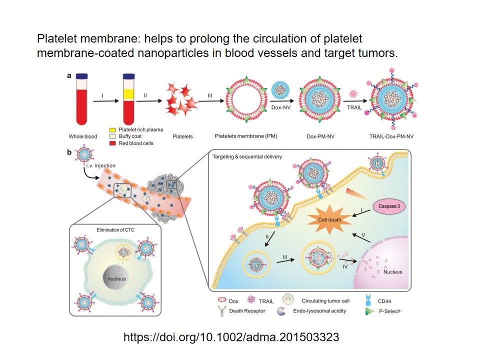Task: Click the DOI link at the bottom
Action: (x=231, y=337)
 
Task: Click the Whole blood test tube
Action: (x=84, y=100)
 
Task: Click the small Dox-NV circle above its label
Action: (x=281, y=90)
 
